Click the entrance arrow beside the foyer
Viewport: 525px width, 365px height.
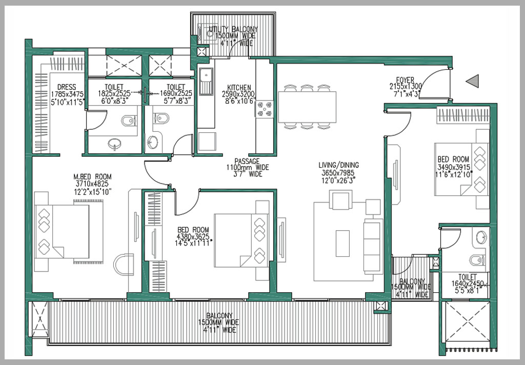point(473,80)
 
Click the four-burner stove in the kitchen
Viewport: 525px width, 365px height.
point(265,109)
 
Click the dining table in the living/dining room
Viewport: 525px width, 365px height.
point(307,107)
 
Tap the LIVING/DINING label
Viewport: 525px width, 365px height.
point(338,165)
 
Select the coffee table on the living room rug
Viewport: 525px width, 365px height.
point(342,243)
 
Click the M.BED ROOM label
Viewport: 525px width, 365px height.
point(92,177)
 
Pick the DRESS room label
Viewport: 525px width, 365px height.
point(67,87)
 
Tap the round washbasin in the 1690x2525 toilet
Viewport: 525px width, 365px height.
point(152,142)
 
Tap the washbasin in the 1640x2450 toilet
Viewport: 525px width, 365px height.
point(481,237)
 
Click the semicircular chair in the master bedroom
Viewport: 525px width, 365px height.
point(124,265)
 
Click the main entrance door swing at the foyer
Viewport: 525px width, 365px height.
point(438,85)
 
